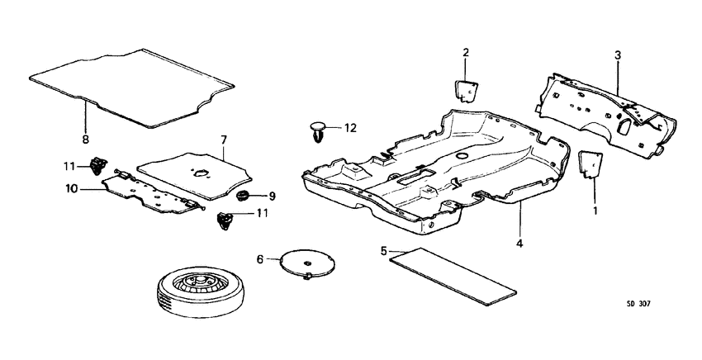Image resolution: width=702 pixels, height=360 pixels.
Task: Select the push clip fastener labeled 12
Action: (319, 130)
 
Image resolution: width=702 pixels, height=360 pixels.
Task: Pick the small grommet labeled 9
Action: (244, 197)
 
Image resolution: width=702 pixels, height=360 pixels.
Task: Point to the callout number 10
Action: (72, 189)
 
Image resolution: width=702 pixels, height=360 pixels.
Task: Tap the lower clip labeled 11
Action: (225, 220)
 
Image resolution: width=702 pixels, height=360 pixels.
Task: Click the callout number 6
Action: (259, 259)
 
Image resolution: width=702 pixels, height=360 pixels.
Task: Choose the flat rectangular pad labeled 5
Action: (453, 272)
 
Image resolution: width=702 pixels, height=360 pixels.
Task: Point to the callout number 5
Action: (384, 249)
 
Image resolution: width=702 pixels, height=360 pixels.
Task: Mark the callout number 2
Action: (465, 54)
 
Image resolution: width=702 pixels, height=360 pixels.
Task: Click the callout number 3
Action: (617, 54)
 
